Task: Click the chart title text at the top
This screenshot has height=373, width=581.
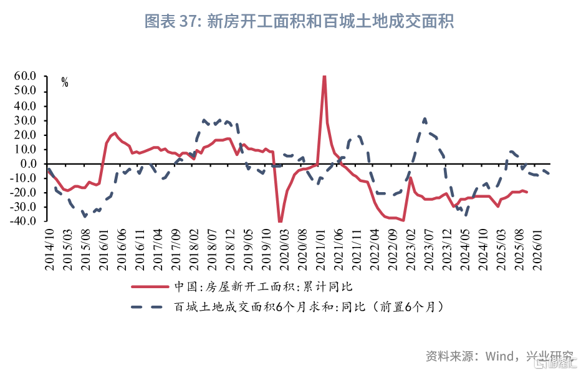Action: tap(299, 21)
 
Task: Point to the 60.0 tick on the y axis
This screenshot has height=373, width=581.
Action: tap(25, 76)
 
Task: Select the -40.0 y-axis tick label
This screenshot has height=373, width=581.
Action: tap(23, 221)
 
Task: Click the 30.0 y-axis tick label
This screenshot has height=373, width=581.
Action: tap(25, 120)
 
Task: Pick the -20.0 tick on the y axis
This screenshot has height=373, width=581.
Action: tap(23, 193)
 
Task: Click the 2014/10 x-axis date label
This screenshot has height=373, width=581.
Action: tap(49, 249)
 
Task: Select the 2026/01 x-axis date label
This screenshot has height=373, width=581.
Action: tap(537, 249)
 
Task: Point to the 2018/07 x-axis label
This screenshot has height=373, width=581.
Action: tap(212, 249)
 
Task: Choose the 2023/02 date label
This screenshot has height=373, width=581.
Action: tap(411, 249)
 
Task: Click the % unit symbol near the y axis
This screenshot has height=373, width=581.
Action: tap(65, 83)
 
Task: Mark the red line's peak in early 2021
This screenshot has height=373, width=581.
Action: tap(324, 76)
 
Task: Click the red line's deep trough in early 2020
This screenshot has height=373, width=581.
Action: tap(280, 221)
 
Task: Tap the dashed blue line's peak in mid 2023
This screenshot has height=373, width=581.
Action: tap(425, 119)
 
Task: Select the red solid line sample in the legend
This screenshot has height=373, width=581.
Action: tap(150, 286)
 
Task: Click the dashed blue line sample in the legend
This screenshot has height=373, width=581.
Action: tap(147, 307)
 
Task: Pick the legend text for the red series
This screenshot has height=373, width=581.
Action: tap(264, 286)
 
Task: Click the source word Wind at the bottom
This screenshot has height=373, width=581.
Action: tap(499, 356)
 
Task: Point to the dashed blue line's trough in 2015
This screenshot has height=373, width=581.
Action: tap(85, 216)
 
